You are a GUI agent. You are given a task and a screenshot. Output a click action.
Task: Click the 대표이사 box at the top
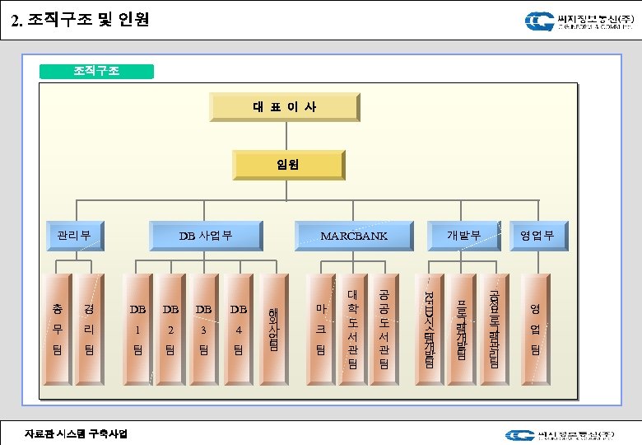pos(284,107)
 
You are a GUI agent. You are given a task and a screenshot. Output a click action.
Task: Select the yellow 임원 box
pos(287,164)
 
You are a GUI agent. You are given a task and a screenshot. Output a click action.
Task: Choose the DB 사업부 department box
pos(206,236)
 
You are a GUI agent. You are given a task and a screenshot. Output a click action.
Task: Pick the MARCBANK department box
pos(354,236)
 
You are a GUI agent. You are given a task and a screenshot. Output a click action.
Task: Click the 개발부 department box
pos(463,236)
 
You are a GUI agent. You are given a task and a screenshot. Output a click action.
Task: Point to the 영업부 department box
pos(537,236)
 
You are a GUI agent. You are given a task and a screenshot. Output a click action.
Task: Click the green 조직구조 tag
pos(96,71)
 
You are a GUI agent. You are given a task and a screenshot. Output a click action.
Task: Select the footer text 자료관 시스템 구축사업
pos(76,433)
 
